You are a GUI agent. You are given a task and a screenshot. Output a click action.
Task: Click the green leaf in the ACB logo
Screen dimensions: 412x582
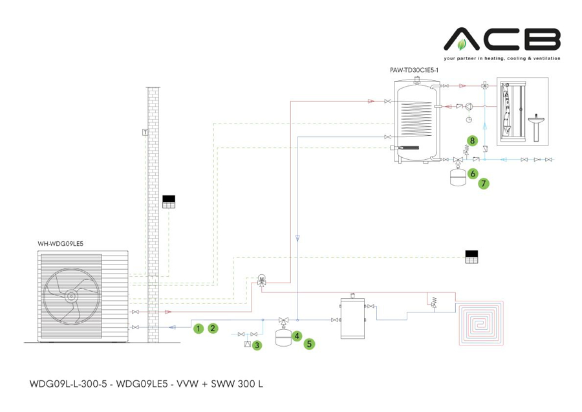(x=461, y=45)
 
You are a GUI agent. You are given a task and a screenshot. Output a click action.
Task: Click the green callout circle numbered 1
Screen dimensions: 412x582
(x=198, y=329)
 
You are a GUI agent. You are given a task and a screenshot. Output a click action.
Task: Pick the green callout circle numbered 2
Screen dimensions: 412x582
(x=212, y=329)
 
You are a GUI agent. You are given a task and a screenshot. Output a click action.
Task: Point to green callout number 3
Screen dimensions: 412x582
(x=257, y=345)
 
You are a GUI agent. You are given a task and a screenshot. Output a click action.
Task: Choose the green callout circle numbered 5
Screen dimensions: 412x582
(x=310, y=344)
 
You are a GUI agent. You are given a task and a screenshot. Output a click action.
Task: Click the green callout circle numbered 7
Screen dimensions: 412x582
(x=484, y=184)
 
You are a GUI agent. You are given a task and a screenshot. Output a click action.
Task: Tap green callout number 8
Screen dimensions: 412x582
(x=473, y=140)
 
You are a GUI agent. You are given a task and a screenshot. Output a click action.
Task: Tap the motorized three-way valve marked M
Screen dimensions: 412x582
(x=262, y=280)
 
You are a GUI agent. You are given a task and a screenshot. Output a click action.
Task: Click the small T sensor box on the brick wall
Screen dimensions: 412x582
(x=144, y=133)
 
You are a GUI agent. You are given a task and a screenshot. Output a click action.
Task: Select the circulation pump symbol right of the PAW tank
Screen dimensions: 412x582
(x=470, y=106)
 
